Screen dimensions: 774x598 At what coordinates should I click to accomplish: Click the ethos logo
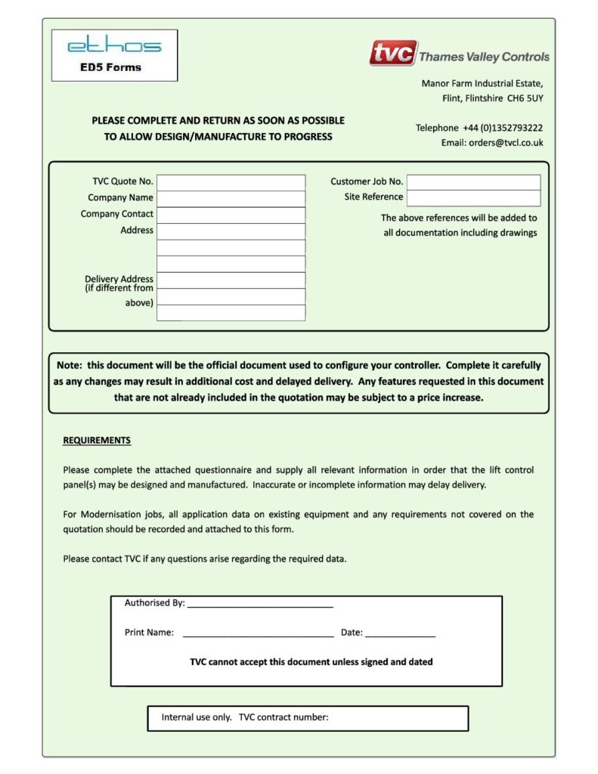pyautogui.click(x=114, y=45)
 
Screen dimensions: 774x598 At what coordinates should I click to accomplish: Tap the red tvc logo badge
pyautogui.click(x=393, y=54)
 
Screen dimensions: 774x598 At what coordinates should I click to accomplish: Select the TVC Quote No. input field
pyautogui.click(x=231, y=182)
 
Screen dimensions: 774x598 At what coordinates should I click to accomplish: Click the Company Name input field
pyautogui.click(x=231, y=198)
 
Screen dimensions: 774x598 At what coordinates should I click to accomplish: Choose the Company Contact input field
pyautogui.click(x=231, y=215)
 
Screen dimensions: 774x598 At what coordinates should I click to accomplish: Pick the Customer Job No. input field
pyautogui.click(x=473, y=182)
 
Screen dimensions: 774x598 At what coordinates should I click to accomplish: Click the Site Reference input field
pyautogui.click(x=473, y=198)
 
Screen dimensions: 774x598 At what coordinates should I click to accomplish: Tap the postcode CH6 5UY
pyautogui.click(x=525, y=99)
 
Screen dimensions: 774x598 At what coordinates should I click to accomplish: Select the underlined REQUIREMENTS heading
pyautogui.click(x=97, y=441)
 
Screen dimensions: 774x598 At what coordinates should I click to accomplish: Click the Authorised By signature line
pyautogui.click(x=260, y=604)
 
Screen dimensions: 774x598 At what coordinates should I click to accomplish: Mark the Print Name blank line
pyautogui.click(x=258, y=633)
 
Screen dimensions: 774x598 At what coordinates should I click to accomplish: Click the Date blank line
pyautogui.click(x=400, y=633)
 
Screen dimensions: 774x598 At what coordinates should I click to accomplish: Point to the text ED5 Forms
pyautogui.click(x=110, y=67)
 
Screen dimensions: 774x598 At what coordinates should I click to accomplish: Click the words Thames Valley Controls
pyautogui.click(x=484, y=57)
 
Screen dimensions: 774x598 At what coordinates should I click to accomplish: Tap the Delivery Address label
pyautogui.click(x=119, y=279)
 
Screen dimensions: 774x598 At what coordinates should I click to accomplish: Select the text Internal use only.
pyautogui.click(x=197, y=718)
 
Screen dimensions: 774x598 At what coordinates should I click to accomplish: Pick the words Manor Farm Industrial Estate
pyautogui.click(x=482, y=84)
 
